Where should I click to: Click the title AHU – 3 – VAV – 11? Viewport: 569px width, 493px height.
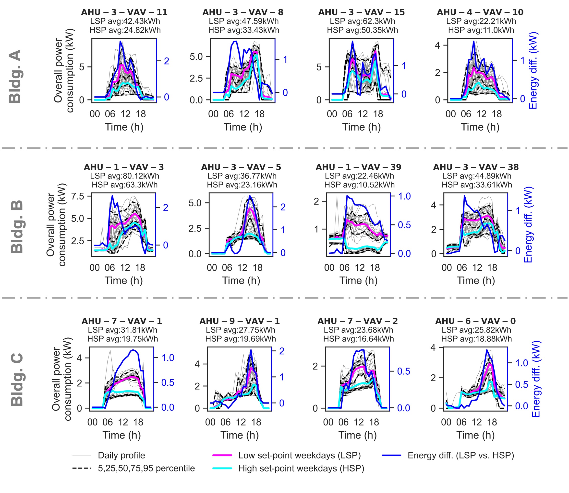(x=124, y=12)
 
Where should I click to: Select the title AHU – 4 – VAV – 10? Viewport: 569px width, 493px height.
(x=480, y=12)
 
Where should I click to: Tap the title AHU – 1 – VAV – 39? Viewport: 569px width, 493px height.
(x=359, y=167)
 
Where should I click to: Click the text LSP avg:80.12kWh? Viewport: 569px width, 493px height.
(x=124, y=176)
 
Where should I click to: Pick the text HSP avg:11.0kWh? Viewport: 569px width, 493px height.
(x=481, y=30)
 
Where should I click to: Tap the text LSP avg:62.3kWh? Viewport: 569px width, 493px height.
(x=362, y=21)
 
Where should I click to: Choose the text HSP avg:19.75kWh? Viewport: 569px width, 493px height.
(x=123, y=339)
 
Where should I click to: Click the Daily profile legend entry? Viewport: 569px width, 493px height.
(x=121, y=455)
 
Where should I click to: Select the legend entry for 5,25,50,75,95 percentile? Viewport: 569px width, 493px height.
(x=146, y=468)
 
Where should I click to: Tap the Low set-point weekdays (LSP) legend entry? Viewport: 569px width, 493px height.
(x=300, y=455)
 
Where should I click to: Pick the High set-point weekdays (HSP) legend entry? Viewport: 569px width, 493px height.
(x=301, y=468)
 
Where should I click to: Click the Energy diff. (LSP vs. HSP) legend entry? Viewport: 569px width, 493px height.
(x=461, y=455)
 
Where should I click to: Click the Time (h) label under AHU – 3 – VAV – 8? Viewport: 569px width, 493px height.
(x=243, y=127)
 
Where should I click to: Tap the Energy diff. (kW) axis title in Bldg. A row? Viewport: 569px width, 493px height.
(x=533, y=70)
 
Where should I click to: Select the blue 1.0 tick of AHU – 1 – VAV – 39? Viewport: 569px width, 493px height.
(x=404, y=196)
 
